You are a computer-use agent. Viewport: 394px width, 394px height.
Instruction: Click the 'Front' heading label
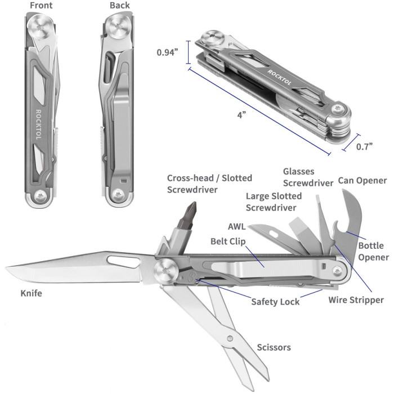(x=41, y=6)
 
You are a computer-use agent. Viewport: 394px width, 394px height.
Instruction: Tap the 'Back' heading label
(x=119, y=6)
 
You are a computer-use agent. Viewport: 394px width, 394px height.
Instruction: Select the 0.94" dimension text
(x=167, y=52)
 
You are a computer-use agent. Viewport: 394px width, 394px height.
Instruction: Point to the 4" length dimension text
(x=241, y=115)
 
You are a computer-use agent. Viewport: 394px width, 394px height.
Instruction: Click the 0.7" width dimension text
(x=364, y=146)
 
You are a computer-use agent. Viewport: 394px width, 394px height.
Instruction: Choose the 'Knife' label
(x=31, y=293)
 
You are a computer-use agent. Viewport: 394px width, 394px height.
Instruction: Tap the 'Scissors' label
(x=274, y=347)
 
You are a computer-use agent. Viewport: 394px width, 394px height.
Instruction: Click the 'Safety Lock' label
(x=275, y=302)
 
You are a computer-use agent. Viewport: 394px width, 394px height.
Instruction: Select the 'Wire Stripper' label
(x=356, y=300)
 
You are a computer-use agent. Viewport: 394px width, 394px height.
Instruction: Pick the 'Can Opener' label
(x=362, y=181)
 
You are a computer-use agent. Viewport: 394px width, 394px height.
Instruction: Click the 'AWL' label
(x=236, y=227)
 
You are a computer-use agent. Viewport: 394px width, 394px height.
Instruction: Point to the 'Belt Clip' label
(x=228, y=241)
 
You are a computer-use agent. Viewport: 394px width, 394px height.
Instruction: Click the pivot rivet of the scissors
(x=230, y=338)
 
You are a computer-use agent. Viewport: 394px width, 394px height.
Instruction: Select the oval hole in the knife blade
(x=123, y=261)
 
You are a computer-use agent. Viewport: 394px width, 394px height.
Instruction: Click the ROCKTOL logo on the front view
(x=38, y=124)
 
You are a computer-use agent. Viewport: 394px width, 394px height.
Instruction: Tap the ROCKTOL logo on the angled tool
(x=279, y=78)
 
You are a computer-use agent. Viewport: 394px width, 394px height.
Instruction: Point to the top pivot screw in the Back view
(x=119, y=26)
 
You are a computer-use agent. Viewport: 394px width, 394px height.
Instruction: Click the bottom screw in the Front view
(x=40, y=196)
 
